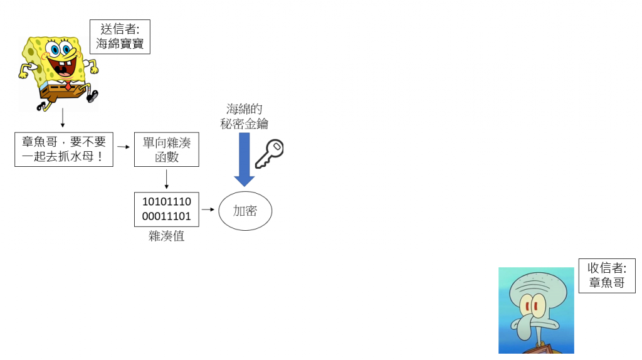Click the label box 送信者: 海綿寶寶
coord(120,36)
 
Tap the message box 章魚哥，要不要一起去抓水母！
coord(64,149)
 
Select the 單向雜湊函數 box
coord(166,149)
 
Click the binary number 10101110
coord(167,202)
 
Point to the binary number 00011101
coord(167,216)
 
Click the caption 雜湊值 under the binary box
coord(167,236)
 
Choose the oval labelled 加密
coord(245,211)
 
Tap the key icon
coord(269,154)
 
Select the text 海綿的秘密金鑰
coord(245,117)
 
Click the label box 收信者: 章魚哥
coord(606,275)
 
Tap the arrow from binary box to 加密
coord(208,209)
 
